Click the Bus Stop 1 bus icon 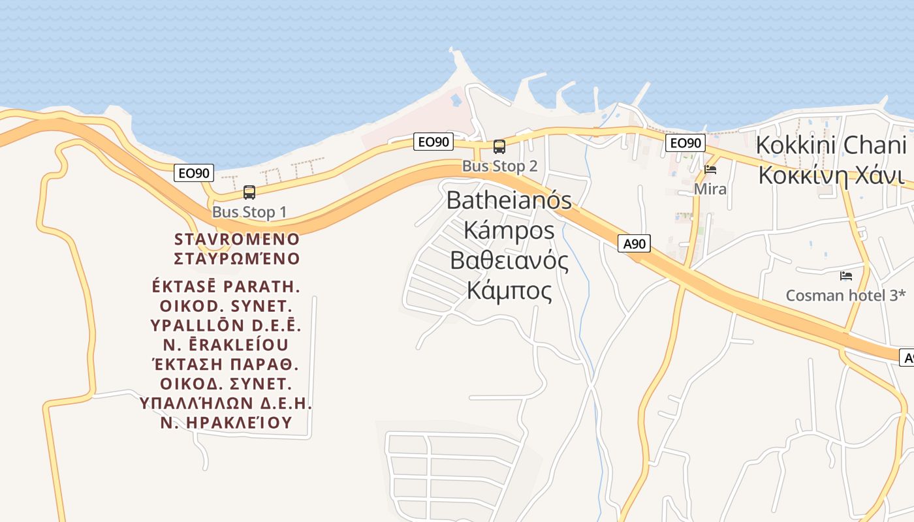(249, 192)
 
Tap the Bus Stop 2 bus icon (499, 147)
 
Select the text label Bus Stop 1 (249, 212)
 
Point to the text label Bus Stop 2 (500, 166)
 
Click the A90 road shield (634, 244)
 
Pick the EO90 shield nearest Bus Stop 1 (194, 173)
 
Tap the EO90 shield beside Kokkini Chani (685, 143)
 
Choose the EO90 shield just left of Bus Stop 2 (433, 142)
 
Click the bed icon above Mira (710, 170)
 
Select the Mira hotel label (710, 189)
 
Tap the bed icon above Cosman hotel (846, 276)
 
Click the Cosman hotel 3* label (845, 296)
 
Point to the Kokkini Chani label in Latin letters (831, 146)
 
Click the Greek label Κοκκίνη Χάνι (831, 176)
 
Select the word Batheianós (509, 200)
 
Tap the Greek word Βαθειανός (509, 260)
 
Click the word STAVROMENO (237, 239)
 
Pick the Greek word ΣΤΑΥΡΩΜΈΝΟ (237, 259)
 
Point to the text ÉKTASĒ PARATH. (226, 287)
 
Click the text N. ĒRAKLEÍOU (226, 344)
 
